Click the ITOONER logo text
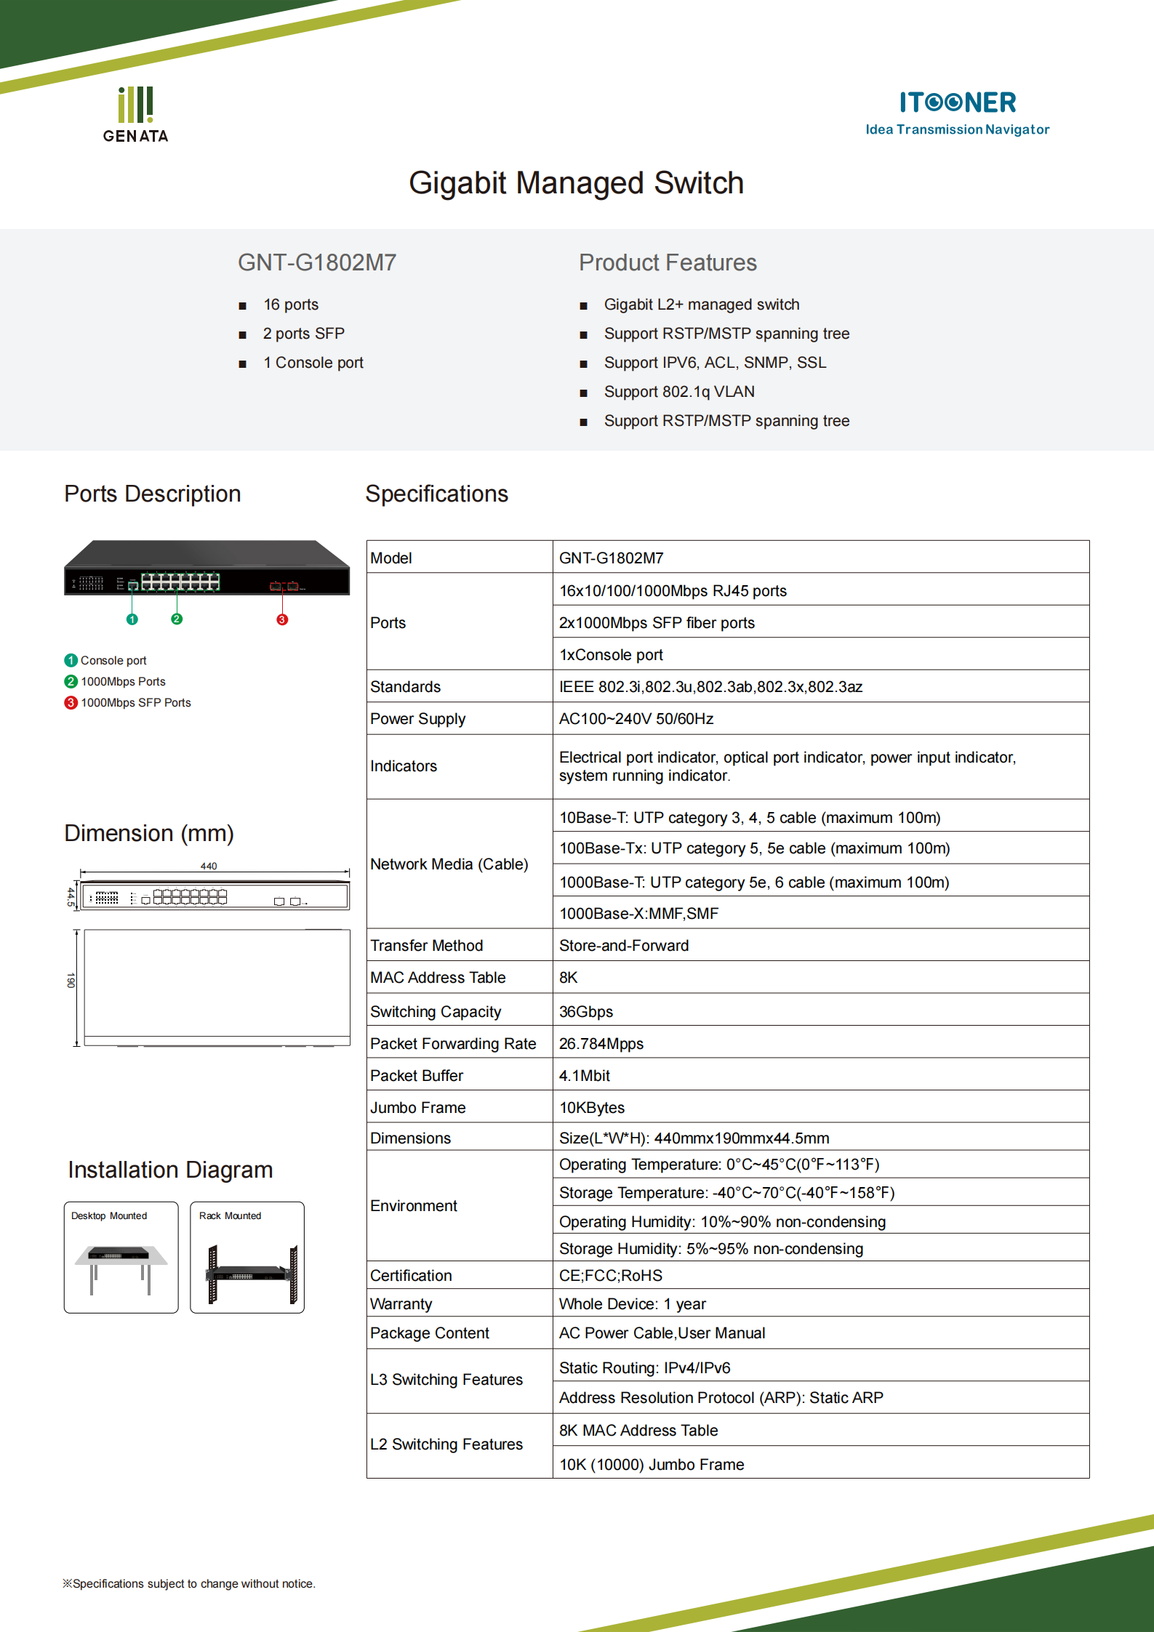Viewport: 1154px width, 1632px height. point(957,102)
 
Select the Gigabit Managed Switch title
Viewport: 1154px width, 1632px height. point(576,183)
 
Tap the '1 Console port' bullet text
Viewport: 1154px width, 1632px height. point(313,363)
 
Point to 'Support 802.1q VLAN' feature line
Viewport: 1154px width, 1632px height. point(678,392)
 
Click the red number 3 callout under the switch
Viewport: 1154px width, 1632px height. point(282,619)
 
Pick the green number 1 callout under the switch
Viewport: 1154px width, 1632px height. point(132,619)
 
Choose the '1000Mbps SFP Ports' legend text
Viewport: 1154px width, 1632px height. point(135,703)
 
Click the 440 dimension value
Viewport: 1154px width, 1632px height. point(209,866)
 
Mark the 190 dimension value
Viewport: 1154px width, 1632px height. point(71,980)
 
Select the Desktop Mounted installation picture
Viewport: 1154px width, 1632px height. point(121,1258)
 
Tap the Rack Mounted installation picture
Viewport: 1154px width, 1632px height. point(247,1258)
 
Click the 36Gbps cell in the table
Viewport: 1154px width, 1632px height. point(586,1012)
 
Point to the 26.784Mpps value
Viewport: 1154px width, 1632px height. point(601,1044)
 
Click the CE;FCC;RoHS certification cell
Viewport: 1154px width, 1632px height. point(611,1276)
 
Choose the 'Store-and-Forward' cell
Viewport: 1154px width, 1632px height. point(624,946)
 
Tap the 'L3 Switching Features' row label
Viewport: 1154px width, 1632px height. point(446,1380)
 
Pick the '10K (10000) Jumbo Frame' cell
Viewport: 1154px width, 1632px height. point(652,1465)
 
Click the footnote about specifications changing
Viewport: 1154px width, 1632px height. point(189,1584)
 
